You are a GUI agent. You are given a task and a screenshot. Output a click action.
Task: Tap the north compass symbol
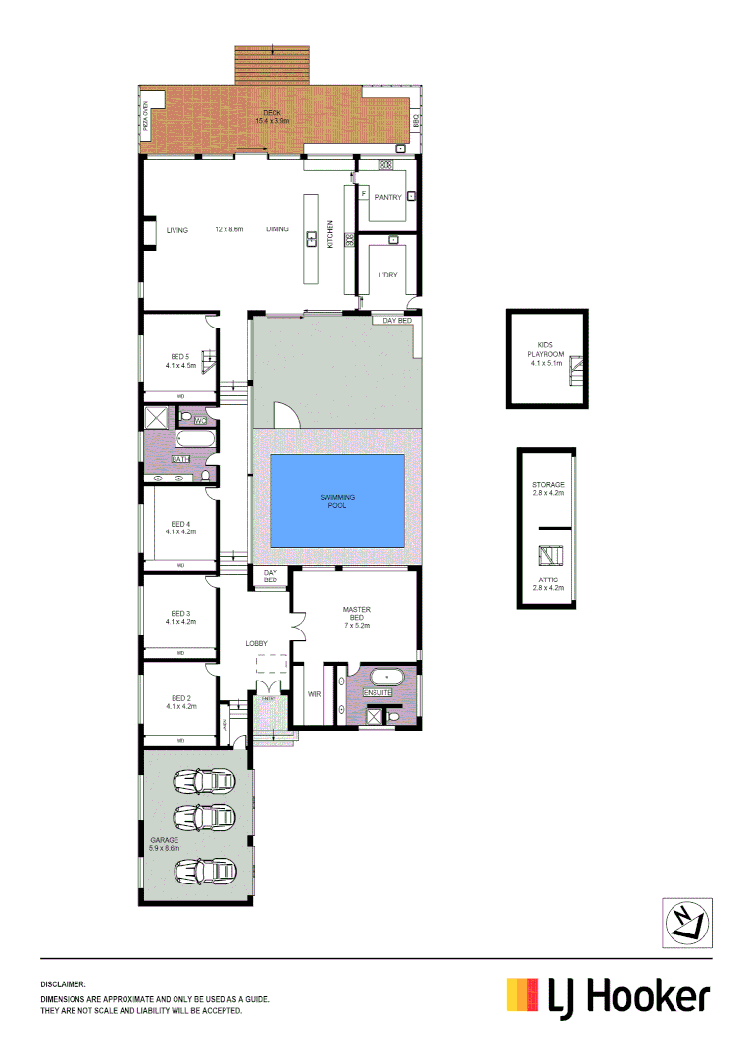[686, 922]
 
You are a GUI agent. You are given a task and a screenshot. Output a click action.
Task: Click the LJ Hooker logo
[607, 996]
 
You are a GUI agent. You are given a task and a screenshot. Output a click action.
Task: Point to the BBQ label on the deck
[416, 123]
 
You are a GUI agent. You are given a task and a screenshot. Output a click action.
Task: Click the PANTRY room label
[388, 197]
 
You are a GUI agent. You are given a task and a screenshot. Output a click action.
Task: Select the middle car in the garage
[203, 816]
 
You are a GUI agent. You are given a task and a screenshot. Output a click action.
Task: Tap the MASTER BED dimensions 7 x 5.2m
[356, 625]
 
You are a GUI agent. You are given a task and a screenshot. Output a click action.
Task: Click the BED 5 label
[179, 356]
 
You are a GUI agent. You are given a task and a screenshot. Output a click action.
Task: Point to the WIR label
[315, 693]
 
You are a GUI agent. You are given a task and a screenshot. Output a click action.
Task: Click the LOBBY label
[256, 643]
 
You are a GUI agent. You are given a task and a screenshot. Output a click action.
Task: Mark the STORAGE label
[548, 485]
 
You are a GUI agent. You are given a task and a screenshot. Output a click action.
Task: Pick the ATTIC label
[548, 580]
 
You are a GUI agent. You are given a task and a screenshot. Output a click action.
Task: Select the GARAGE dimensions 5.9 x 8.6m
[165, 849]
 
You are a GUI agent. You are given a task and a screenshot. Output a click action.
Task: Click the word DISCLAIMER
[64, 983]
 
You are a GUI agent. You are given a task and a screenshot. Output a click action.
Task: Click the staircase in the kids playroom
[577, 371]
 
